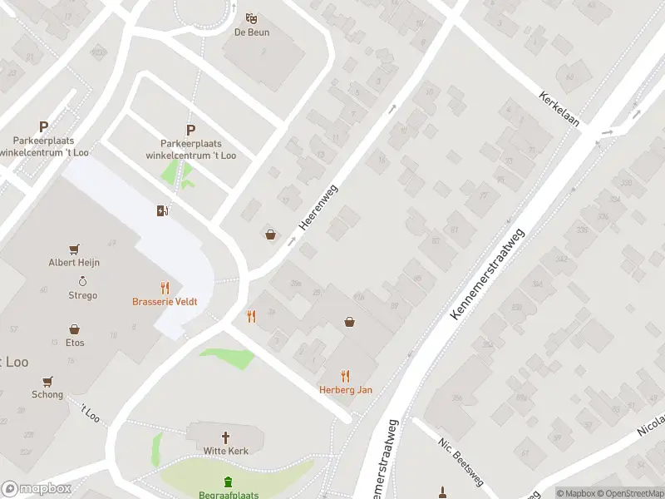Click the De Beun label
pos(251,32)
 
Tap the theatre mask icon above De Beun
pos(251,18)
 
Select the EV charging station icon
pos(162,210)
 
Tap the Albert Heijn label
pos(74,262)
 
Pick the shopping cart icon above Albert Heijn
pos(74,248)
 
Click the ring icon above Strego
pos(82,281)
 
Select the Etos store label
pos(74,343)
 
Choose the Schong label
pos(47,394)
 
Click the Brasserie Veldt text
pos(165,302)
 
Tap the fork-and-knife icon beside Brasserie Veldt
pos(165,288)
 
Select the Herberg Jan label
pos(346,389)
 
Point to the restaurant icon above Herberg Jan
pos(346,375)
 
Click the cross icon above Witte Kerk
pos(224,437)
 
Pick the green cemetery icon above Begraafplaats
pos(228,482)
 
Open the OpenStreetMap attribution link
pos(630,493)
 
